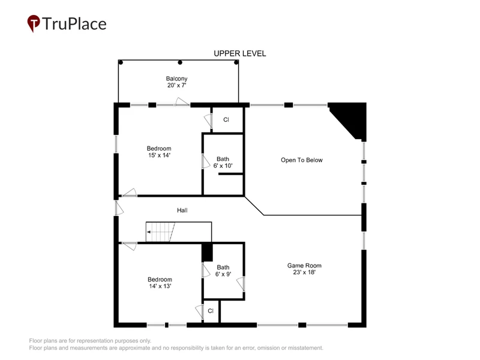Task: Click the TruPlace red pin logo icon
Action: tap(34, 23)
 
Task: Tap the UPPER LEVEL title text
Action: tap(239, 53)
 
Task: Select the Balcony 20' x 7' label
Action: tap(176, 82)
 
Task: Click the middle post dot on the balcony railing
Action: tap(180, 62)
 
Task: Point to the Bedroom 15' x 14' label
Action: tap(159, 152)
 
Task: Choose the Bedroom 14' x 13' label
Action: tap(160, 283)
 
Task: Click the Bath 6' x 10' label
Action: tap(223, 162)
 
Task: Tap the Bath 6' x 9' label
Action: tap(223, 271)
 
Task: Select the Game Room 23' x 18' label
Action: tap(304, 269)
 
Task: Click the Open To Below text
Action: tap(302, 160)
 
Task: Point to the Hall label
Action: tap(182, 211)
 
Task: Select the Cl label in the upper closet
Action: tap(226, 119)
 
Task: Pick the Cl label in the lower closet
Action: tap(211, 311)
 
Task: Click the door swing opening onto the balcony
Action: tap(182, 101)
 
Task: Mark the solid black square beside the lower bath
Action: tap(207, 252)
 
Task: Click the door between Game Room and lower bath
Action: tap(241, 284)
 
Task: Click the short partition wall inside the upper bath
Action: tap(230, 174)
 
